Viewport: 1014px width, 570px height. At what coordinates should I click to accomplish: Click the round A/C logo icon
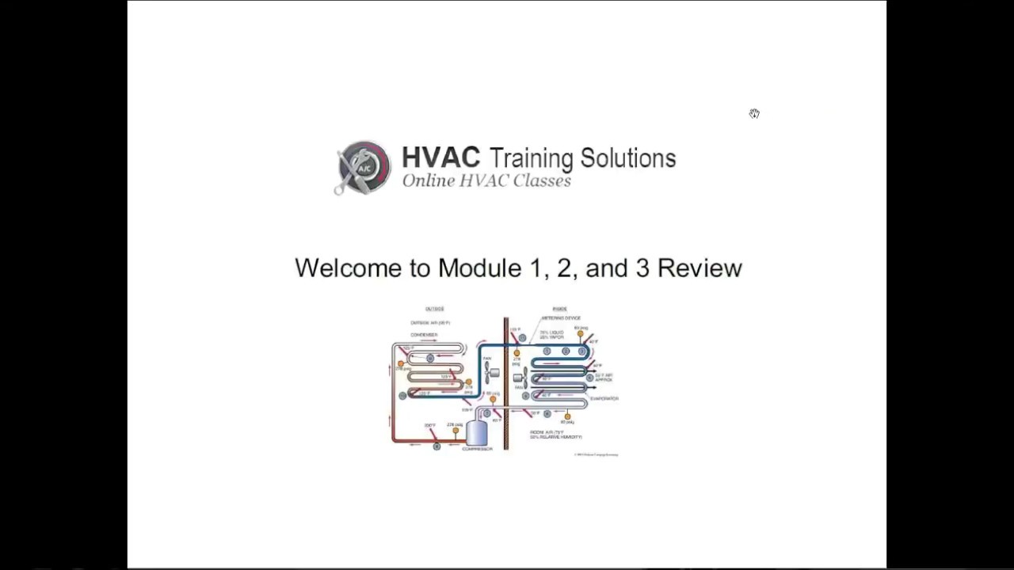click(x=364, y=167)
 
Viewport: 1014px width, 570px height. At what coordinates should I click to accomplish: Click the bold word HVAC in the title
click(x=440, y=158)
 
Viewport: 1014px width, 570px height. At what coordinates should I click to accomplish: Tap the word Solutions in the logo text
click(x=627, y=158)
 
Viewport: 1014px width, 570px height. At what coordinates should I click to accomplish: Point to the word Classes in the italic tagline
click(x=542, y=180)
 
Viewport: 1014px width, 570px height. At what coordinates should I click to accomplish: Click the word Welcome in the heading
click(x=349, y=268)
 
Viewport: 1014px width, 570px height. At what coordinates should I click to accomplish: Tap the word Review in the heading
click(x=700, y=268)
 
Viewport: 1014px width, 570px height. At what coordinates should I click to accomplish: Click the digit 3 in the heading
click(x=642, y=268)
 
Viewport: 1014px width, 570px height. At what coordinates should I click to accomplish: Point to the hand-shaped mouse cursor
click(x=754, y=114)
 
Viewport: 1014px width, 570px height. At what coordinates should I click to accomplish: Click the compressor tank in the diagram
click(x=477, y=432)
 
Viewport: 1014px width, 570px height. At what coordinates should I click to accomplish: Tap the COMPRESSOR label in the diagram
click(x=477, y=449)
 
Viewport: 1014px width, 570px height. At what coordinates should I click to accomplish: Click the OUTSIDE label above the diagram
click(x=434, y=309)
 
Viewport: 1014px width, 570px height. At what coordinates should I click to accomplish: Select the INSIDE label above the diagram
click(x=559, y=309)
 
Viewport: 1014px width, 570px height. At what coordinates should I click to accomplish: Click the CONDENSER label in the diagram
click(x=424, y=335)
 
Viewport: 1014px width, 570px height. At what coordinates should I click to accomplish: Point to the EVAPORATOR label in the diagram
click(x=604, y=398)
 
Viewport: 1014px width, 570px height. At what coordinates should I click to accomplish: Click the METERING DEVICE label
click(x=561, y=318)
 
